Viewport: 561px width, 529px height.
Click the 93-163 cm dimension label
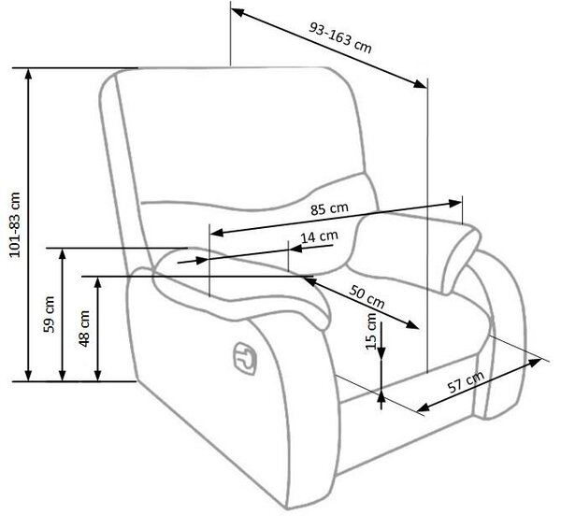tap(340, 37)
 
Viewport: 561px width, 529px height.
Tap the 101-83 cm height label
tap(15, 224)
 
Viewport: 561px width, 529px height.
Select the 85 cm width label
tap(329, 208)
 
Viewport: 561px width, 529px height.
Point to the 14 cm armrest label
tap(319, 236)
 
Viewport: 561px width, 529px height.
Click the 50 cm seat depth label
tap(367, 296)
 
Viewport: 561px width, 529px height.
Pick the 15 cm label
tap(371, 331)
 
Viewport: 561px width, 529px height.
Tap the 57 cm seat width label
tap(466, 381)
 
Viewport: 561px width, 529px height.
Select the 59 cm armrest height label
tap(49, 314)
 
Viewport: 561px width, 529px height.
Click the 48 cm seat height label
tap(84, 328)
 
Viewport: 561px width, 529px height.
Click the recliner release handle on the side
tap(245, 358)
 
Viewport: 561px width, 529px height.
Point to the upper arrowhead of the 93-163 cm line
tap(237, 13)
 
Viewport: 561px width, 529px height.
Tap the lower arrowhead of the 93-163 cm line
tap(420, 84)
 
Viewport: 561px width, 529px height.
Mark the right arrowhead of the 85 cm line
tap(455, 204)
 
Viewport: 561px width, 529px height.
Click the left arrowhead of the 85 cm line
tap(217, 233)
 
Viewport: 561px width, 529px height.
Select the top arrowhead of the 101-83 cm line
tap(29, 74)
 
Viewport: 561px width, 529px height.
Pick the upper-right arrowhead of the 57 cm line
tap(535, 363)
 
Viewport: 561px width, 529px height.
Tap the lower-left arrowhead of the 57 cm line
tap(424, 407)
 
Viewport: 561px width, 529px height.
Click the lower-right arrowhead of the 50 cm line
tap(412, 324)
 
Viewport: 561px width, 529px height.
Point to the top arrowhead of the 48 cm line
tap(97, 283)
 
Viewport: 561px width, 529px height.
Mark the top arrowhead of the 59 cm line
tap(63, 254)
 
